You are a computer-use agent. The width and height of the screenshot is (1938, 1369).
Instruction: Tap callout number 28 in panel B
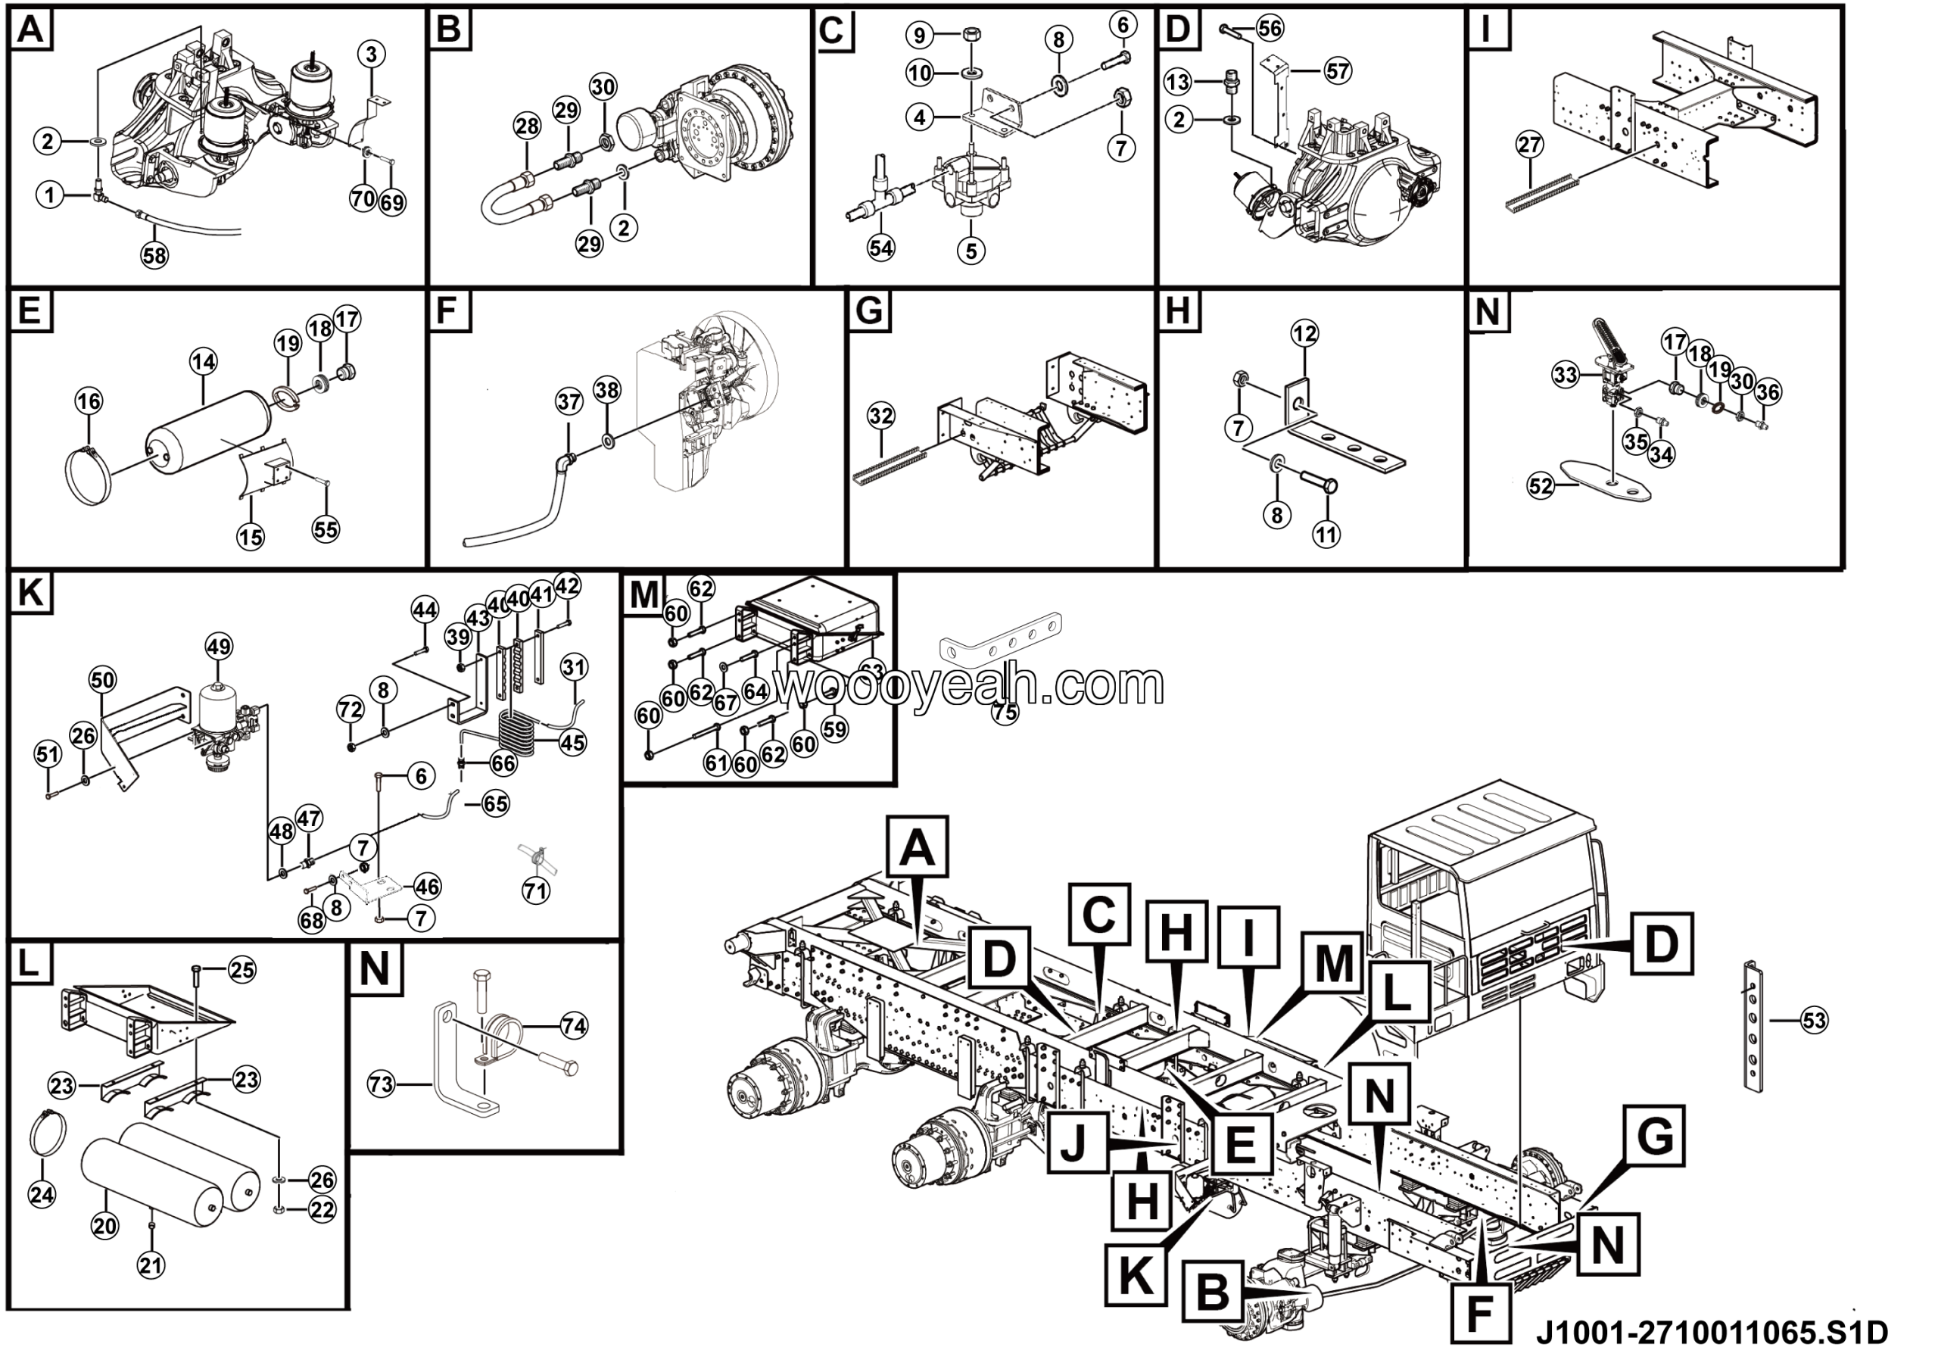pos(527,127)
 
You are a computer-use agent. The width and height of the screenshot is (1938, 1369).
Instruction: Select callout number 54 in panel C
pos(880,248)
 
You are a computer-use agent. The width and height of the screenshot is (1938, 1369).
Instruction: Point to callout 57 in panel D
pos(1338,70)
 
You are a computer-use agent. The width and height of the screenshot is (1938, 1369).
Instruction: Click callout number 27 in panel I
pos(1529,145)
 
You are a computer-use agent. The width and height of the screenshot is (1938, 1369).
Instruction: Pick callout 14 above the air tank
pos(203,362)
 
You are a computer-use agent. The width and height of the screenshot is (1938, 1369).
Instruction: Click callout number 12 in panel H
pos(1304,333)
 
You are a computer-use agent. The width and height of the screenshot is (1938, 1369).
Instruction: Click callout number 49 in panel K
pos(219,647)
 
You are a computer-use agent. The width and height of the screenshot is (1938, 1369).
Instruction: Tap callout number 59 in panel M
pos(835,728)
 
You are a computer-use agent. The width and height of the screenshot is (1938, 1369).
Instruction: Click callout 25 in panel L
pos(242,970)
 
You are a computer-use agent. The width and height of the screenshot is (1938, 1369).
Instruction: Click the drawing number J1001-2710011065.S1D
pos(1711,1333)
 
